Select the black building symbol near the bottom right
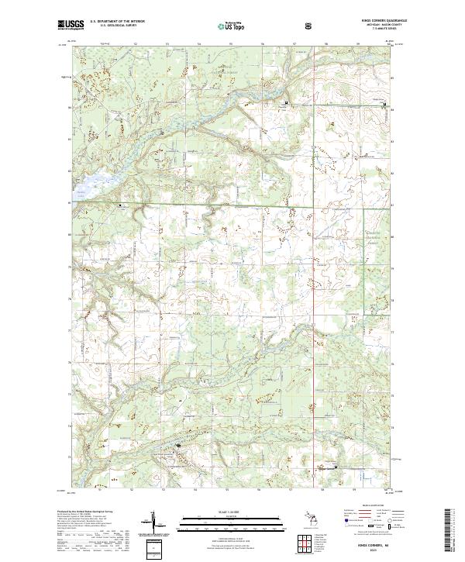pos(336,467)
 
